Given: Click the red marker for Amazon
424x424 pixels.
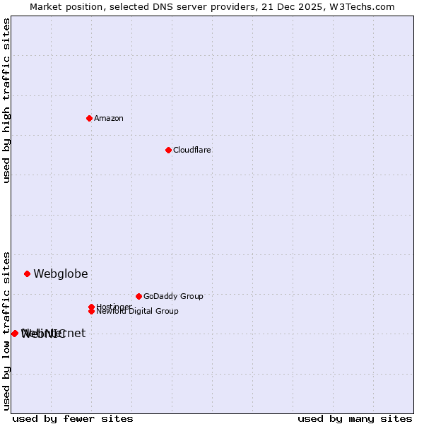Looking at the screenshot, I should pos(89,118).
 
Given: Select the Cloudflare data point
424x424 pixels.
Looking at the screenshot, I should pos(168,150).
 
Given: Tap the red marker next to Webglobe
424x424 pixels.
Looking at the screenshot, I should pos(27,273).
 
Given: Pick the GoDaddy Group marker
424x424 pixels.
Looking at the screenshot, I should pos(139,296).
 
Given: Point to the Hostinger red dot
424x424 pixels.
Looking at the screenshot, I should pos(91,307).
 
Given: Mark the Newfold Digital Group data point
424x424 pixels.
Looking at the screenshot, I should pos(91,311).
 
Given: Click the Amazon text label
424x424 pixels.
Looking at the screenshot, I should pos(108,118).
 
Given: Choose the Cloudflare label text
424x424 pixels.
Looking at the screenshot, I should pos(192,150).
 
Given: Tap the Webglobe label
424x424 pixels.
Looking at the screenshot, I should pos(61,273).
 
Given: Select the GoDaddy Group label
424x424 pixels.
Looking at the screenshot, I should pos(173,296).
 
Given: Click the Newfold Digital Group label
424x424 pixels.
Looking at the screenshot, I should pos(138,312).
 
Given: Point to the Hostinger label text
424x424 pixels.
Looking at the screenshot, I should pos(114,306).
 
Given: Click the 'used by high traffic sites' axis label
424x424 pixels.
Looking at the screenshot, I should pos(6,100).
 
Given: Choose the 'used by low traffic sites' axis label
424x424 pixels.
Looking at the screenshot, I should pos(6,330).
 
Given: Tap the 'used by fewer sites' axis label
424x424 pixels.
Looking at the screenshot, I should pos(73,418).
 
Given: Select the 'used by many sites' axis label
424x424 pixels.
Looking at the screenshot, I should pos(355,418).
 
